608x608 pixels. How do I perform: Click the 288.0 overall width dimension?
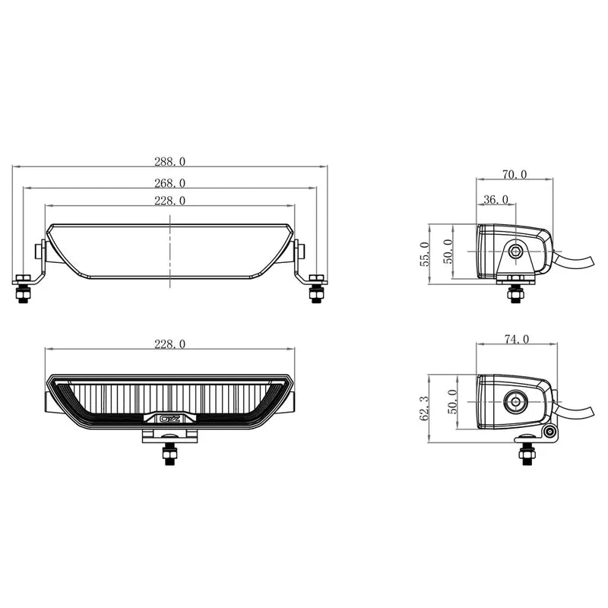tap(169, 161)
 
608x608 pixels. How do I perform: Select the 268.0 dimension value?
tap(169, 182)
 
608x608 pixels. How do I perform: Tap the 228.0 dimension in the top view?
tap(169, 201)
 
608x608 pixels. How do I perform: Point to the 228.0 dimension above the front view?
tap(169, 344)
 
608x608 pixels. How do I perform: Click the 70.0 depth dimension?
tap(514, 174)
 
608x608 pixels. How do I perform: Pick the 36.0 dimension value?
tap(496, 199)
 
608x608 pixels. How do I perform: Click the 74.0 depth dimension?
tap(515, 340)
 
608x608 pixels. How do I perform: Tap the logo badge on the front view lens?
tap(169, 417)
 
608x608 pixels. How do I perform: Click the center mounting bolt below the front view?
tap(169, 454)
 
